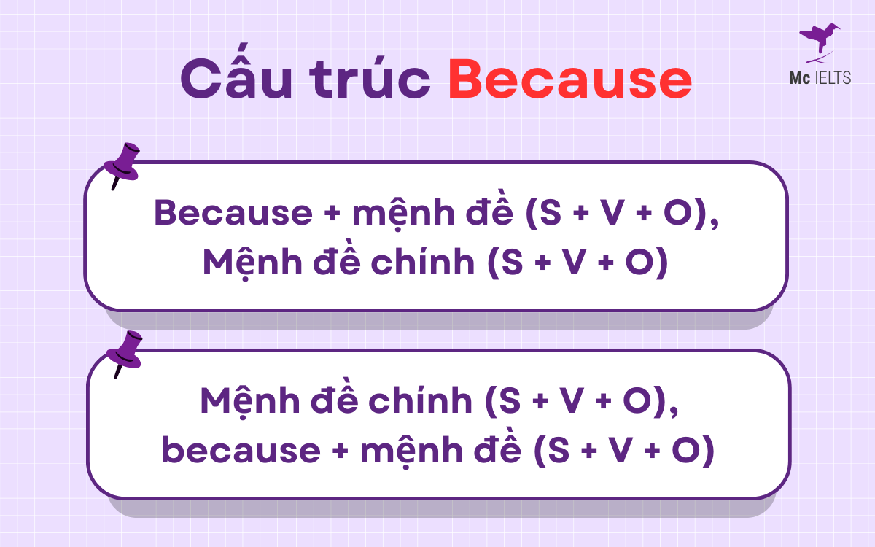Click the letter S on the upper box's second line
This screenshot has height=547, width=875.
513,263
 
